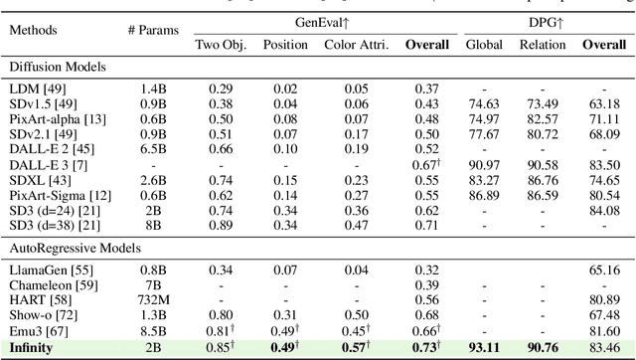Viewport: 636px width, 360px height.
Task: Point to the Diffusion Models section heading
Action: [59, 67]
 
